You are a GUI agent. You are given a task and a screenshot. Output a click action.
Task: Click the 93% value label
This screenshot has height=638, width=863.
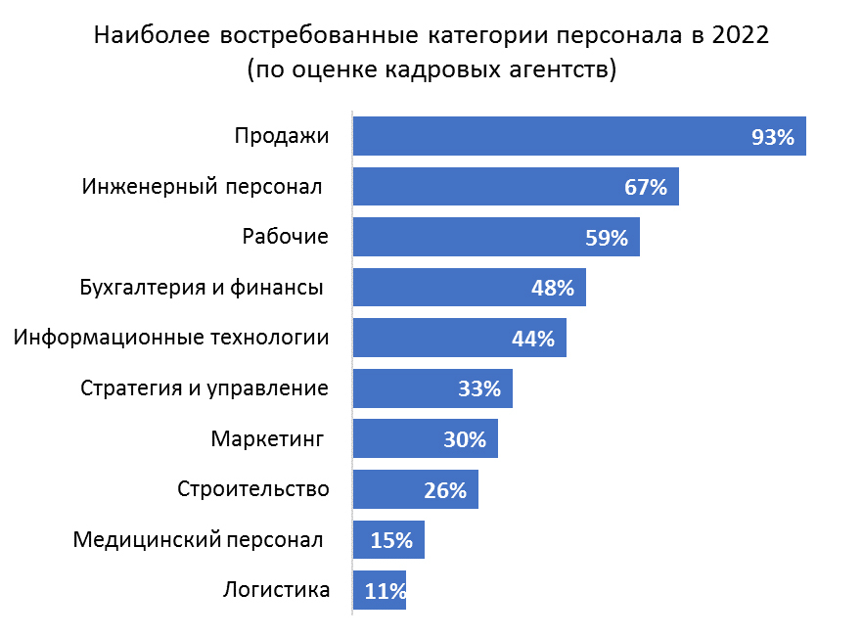(x=773, y=137)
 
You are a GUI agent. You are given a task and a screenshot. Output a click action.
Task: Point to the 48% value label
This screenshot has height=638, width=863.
(x=552, y=289)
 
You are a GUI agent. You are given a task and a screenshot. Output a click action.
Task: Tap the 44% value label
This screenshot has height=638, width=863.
(x=533, y=339)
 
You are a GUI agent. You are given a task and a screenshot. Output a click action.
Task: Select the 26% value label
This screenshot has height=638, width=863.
(x=445, y=490)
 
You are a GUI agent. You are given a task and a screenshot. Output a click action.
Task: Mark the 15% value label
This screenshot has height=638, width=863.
(x=391, y=540)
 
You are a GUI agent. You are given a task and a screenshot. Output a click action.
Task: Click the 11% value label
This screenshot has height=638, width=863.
(x=385, y=591)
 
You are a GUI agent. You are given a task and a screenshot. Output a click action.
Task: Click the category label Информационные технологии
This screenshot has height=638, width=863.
(x=172, y=339)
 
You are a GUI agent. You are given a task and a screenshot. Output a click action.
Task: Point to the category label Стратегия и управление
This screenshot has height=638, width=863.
(x=204, y=388)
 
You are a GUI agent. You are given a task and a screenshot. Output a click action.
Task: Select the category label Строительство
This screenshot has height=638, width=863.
(x=253, y=489)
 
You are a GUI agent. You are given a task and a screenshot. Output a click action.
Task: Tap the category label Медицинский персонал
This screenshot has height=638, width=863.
(x=198, y=539)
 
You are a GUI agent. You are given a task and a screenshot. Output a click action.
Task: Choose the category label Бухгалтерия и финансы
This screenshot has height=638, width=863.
(x=201, y=288)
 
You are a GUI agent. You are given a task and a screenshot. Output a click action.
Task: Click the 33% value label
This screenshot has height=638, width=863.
(x=479, y=389)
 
